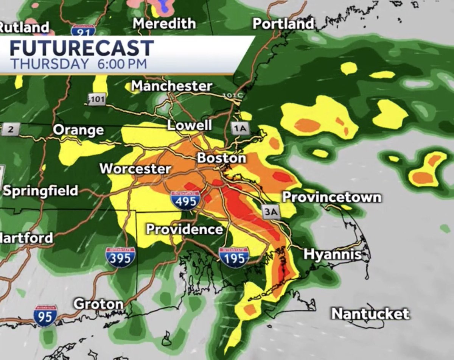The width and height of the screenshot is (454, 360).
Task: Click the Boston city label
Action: click(221, 158)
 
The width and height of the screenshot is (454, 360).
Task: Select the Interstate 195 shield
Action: click(234, 257)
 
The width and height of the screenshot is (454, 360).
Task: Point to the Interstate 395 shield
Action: click(120, 257)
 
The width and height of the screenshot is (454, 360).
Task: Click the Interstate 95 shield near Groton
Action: click(45, 316)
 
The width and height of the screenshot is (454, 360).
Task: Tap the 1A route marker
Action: click(240, 129)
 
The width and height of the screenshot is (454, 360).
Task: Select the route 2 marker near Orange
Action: click(10, 129)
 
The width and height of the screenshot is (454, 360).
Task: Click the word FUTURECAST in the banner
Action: click(82, 48)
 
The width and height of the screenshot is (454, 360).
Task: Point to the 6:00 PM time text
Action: click(122, 64)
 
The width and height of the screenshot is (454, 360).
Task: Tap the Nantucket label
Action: click(370, 314)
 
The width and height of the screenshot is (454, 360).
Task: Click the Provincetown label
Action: click(332, 197)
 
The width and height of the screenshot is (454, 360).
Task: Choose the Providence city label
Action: click(184, 229)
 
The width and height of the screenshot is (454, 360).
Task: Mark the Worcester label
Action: click(135, 168)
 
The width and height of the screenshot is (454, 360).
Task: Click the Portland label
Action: click(283, 24)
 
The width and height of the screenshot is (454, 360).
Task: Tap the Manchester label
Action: click(172, 86)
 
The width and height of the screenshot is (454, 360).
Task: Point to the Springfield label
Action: click(40, 190)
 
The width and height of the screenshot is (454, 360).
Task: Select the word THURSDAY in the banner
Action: click(49, 64)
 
